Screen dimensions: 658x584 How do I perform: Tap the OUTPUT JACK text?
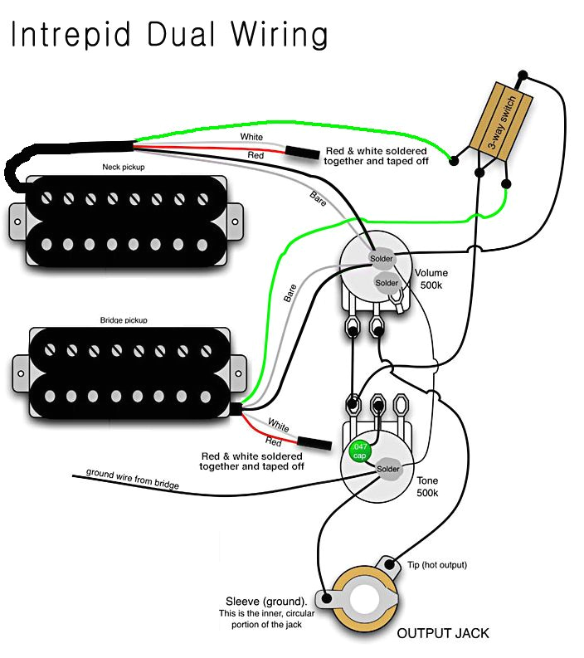442,633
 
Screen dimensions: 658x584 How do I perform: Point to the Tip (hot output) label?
436,565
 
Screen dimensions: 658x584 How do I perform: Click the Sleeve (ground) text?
265,601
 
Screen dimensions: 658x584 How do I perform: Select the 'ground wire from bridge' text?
133,479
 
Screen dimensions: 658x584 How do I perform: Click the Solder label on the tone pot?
388,469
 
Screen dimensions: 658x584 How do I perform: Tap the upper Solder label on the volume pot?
381,259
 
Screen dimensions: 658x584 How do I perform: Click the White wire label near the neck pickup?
252,136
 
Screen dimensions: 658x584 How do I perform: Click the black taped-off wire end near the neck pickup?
302,153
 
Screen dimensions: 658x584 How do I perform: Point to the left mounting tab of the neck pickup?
15,219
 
